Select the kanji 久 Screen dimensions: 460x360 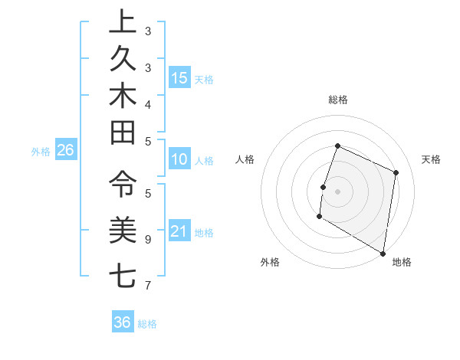(123, 59)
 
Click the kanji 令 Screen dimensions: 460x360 (123, 185)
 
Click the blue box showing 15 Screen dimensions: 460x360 (179, 78)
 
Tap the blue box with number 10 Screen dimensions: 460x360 (179, 159)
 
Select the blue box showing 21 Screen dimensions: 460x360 (179, 231)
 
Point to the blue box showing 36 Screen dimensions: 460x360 (123, 322)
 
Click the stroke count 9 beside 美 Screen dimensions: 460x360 (148, 239)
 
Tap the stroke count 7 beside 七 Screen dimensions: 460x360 (148, 286)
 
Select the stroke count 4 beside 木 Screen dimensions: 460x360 (148, 103)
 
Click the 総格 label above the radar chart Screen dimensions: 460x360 (338, 100)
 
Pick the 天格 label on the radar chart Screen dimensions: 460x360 (431, 159)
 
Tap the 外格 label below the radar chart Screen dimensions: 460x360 (270, 262)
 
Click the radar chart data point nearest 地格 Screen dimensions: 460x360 (383, 253)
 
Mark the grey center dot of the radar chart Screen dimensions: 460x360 (337, 191)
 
